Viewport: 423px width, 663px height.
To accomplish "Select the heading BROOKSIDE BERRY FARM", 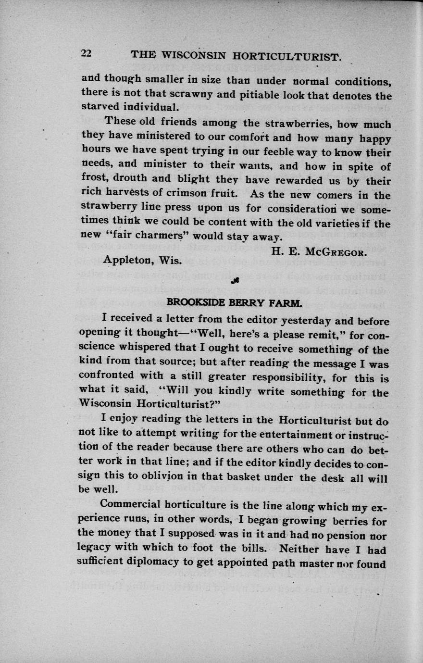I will point(235,303).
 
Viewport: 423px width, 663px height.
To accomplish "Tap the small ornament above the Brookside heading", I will point(235,281).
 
